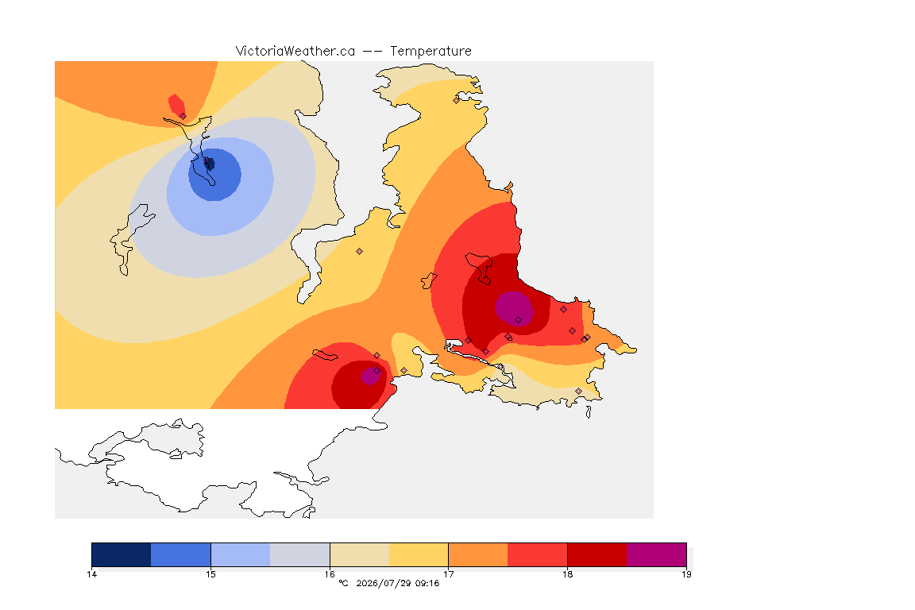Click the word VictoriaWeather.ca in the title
[x=295, y=52]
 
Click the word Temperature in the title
[x=430, y=52]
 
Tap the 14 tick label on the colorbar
[x=91, y=574]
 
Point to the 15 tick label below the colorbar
[x=210, y=574]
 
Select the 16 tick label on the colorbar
[x=330, y=574]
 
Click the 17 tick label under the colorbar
[x=448, y=574]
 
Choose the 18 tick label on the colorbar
[x=567, y=574]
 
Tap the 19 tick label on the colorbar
[x=686, y=574]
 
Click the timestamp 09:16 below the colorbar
[x=427, y=583]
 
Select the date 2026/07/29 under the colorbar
[x=384, y=583]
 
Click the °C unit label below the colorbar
[x=343, y=583]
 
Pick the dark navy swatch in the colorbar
[x=122, y=554]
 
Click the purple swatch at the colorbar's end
[x=657, y=554]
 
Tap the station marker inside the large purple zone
[x=518, y=320]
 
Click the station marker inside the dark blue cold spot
[x=206, y=160]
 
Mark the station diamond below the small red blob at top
[x=183, y=116]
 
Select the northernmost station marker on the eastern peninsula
[x=457, y=100]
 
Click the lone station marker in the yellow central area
[x=360, y=252]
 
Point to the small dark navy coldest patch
[x=210, y=164]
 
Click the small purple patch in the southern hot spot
[x=371, y=376]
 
